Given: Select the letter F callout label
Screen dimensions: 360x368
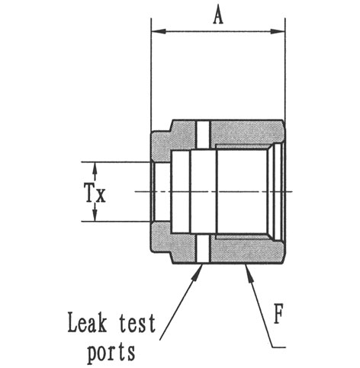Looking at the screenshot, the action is click(278, 315).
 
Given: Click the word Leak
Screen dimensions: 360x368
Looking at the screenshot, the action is click(87, 322).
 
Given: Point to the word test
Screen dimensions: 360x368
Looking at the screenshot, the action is click(137, 323).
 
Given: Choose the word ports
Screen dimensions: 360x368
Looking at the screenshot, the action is click(111, 353).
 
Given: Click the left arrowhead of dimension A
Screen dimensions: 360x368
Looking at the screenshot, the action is click(159, 31).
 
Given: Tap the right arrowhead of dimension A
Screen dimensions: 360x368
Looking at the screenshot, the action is click(277, 31).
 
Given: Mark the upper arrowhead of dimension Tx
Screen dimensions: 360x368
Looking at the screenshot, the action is click(95, 168).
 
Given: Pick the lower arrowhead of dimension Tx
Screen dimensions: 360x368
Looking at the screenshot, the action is click(95, 215).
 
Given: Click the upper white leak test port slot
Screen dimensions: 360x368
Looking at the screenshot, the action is click(203, 135).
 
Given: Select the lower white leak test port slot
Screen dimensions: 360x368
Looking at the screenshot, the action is click(203, 248).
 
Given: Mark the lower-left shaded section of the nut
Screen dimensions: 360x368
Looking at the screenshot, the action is click(175, 242).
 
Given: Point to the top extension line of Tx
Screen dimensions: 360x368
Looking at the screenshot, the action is click(116, 162).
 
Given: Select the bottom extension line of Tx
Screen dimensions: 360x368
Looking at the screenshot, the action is click(116, 222).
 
